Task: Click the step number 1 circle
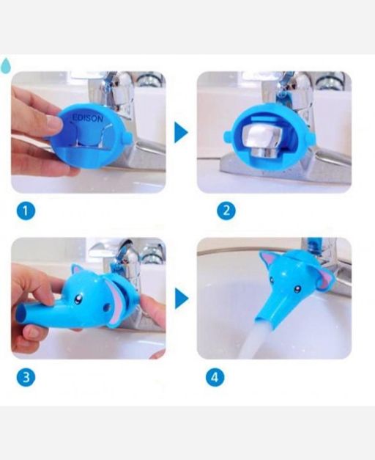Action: pos(26,211)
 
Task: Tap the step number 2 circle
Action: pos(226,211)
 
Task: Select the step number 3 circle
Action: pos(26,377)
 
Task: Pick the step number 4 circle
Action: pos(215,377)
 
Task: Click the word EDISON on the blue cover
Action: pos(88,118)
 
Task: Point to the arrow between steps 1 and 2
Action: pos(181,133)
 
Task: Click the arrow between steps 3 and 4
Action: pos(182,299)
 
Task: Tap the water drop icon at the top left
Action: pos(6,65)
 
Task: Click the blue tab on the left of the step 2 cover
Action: pos(228,136)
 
